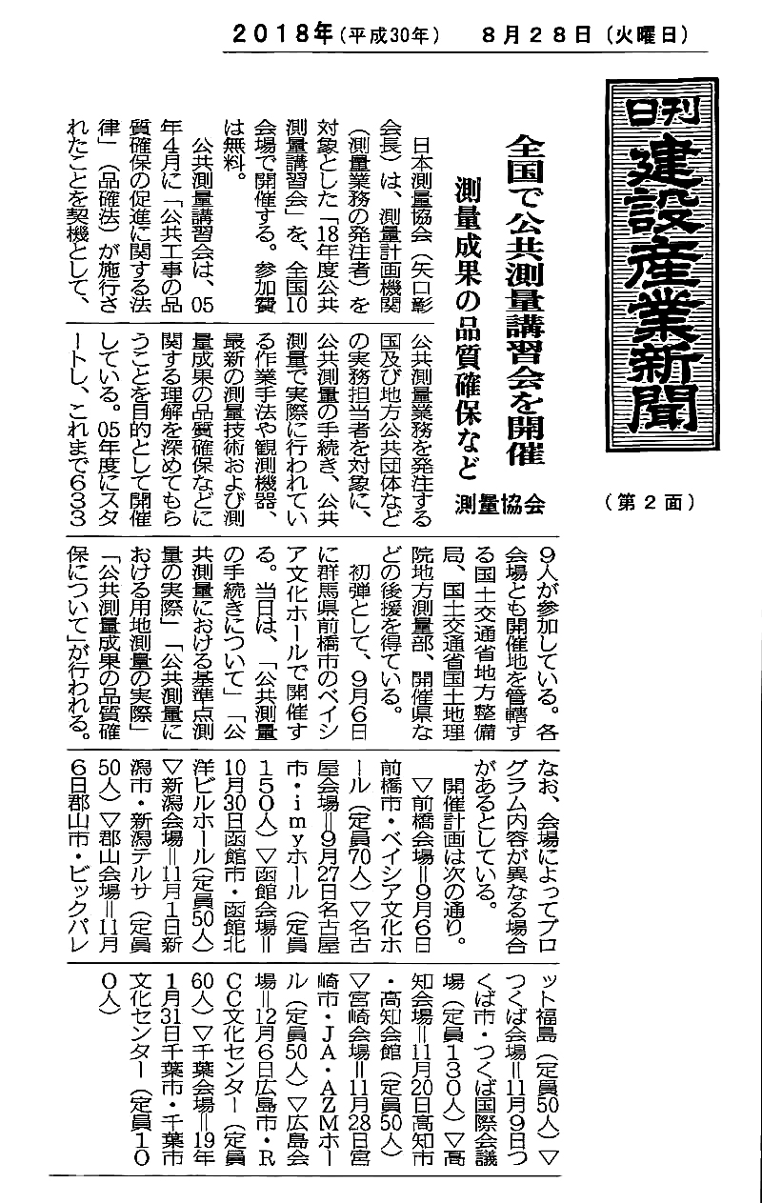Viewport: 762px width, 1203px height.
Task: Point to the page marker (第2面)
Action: (x=648, y=502)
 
